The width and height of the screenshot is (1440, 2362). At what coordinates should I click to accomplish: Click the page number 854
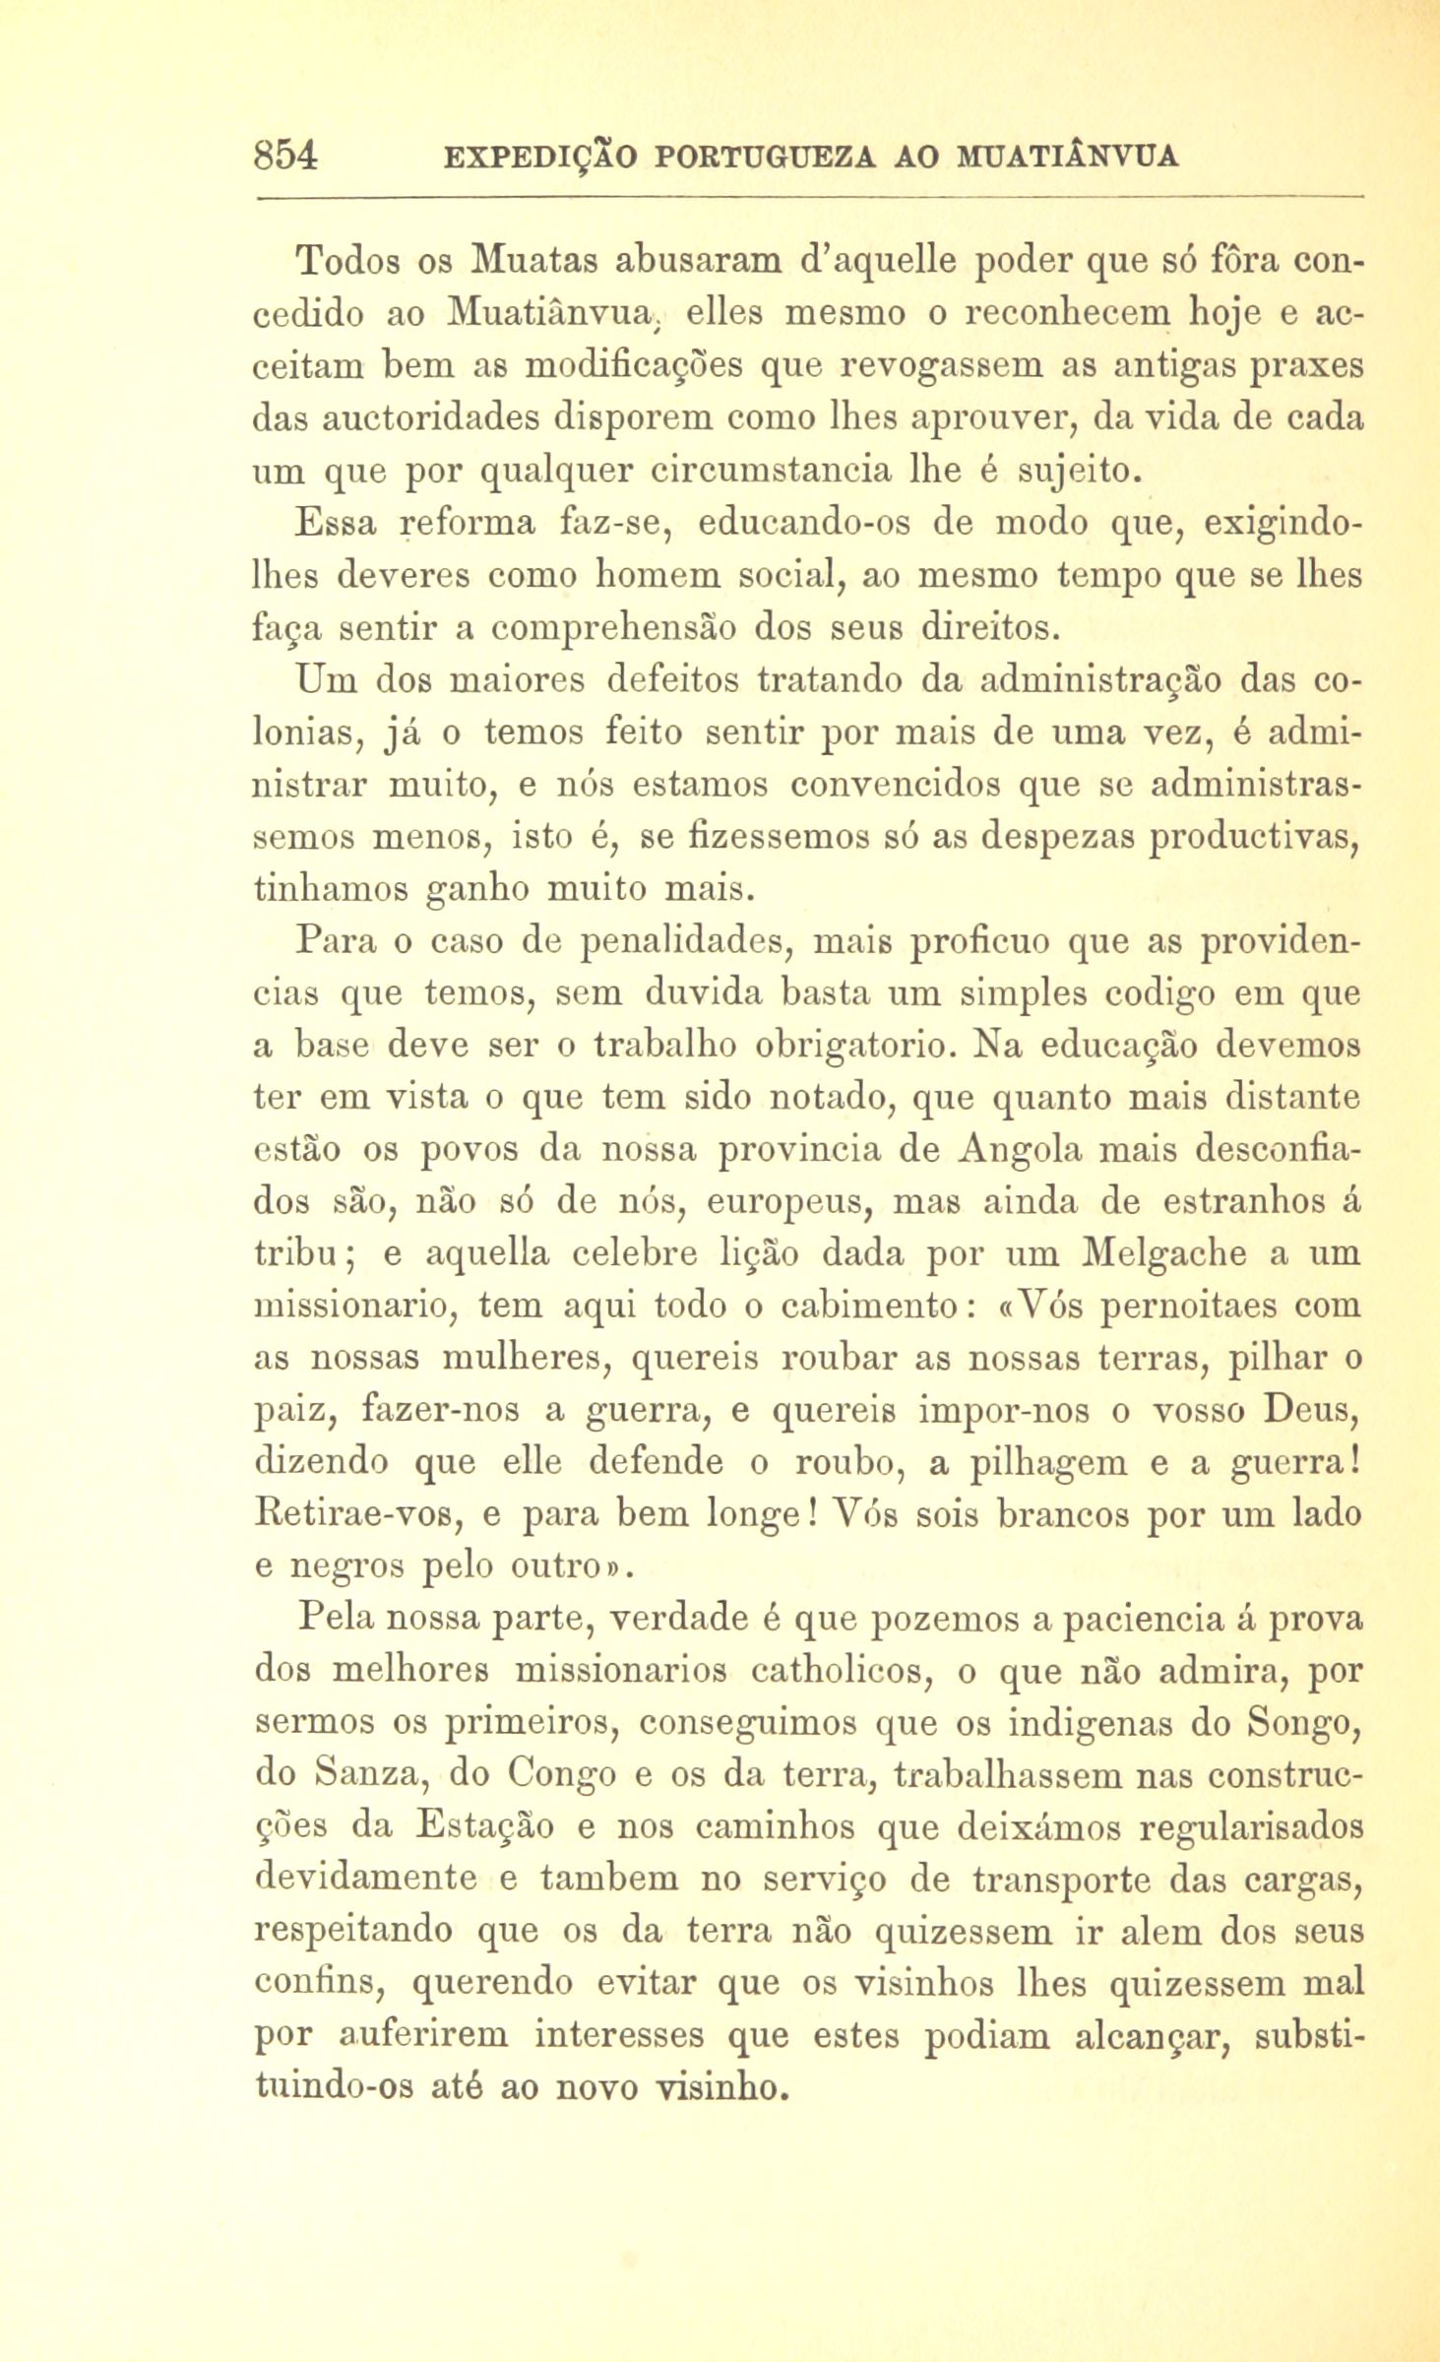pyautogui.click(x=285, y=156)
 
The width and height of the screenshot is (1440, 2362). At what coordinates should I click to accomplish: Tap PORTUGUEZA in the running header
pyautogui.click(x=759, y=157)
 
